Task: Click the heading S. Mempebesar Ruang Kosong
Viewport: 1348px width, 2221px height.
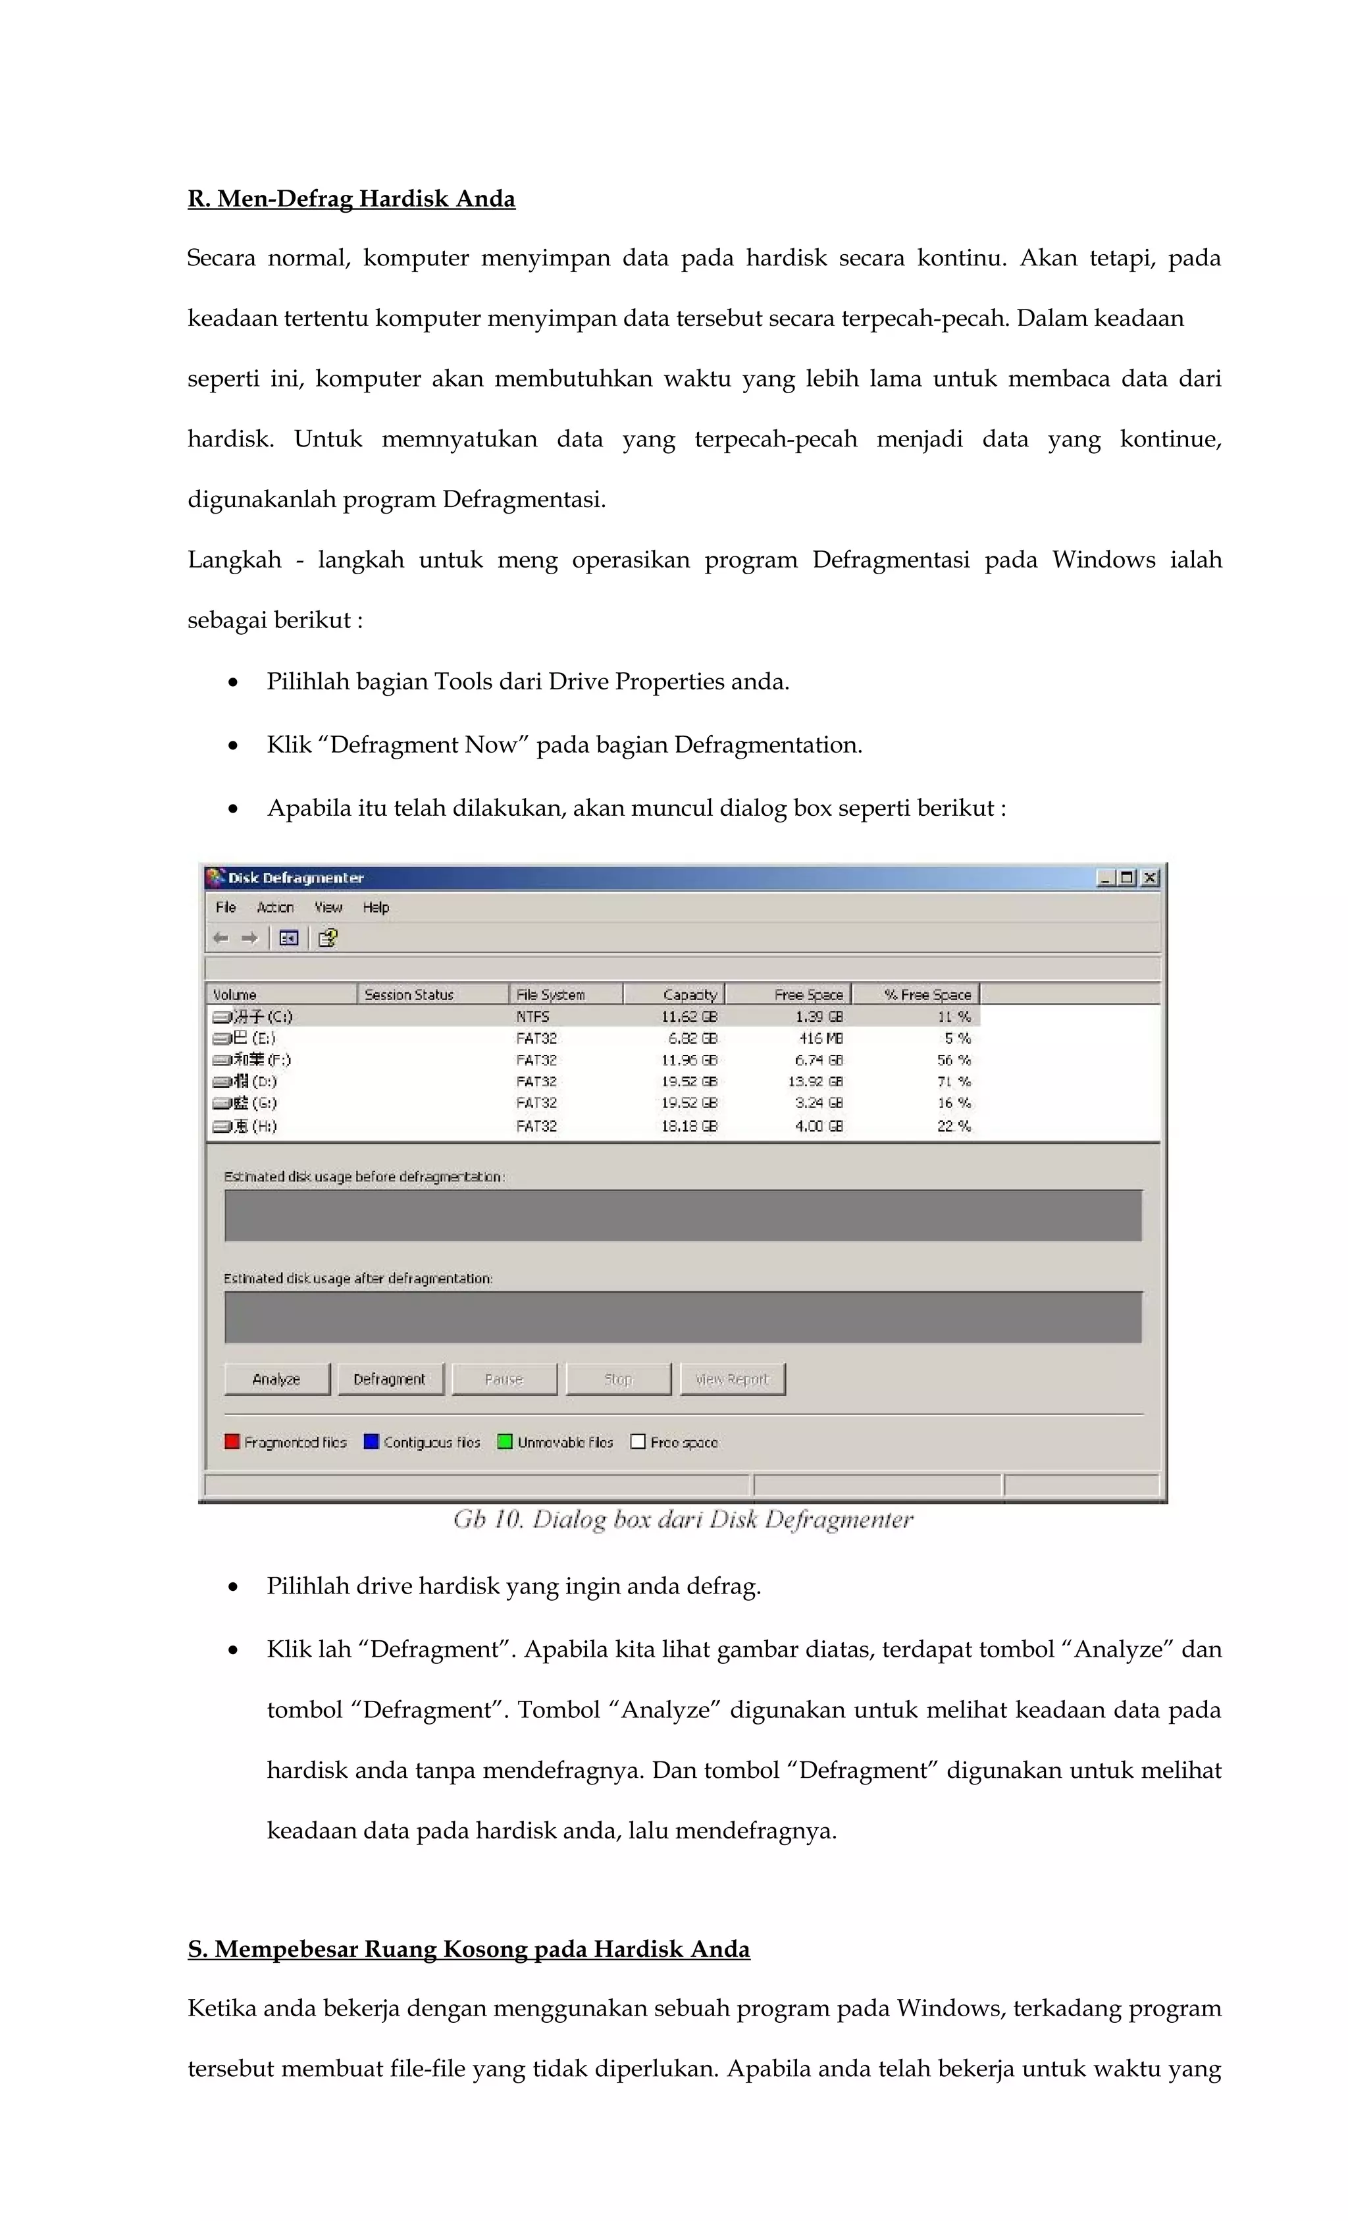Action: point(468,1949)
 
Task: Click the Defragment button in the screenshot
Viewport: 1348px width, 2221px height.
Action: point(389,1379)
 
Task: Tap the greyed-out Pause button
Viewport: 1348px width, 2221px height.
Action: point(504,1379)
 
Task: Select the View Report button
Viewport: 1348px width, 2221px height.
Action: point(732,1379)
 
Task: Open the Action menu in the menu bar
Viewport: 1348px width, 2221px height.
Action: point(275,907)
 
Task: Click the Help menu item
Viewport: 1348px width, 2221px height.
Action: point(376,907)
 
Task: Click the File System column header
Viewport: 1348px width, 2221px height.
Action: point(550,994)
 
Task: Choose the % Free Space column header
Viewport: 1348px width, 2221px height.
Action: point(927,994)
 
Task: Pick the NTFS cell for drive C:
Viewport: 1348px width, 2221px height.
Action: point(532,1017)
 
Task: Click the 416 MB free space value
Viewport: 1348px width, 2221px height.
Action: point(821,1038)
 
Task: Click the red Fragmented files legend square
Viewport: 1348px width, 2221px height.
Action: point(232,1441)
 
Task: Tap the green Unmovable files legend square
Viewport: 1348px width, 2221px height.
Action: point(505,1441)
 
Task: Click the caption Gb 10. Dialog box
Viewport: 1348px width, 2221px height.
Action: point(682,1520)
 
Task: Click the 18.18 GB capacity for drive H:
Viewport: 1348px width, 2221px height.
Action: point(689,1126)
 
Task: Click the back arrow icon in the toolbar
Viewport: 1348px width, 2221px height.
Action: point(220,938)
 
